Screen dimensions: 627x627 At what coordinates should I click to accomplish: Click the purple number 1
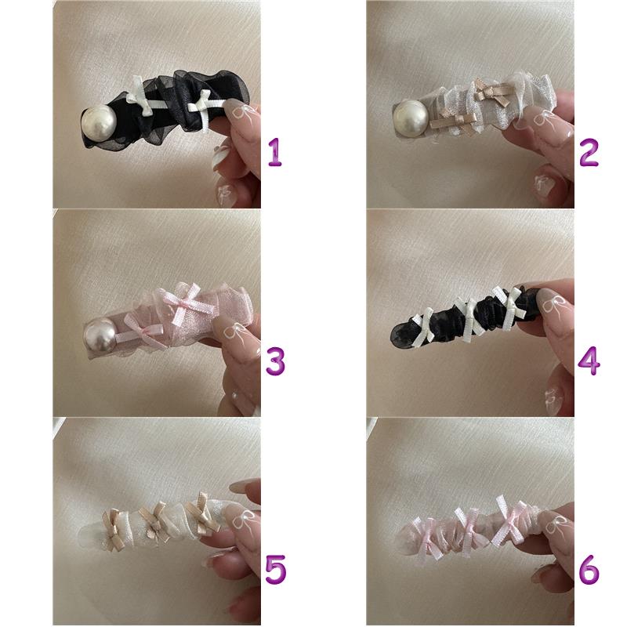(275, 152)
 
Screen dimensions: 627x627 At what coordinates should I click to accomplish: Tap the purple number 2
(589, 152)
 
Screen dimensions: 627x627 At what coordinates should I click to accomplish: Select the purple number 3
(276, 361)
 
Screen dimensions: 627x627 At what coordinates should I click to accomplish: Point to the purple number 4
(589, 361)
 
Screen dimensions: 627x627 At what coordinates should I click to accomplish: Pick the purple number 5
(276, 569)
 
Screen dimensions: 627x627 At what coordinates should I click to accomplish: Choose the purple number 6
(589, 569)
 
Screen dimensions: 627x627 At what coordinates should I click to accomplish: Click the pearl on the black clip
(99, 121)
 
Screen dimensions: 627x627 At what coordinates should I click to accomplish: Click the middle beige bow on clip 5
(156, 520)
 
